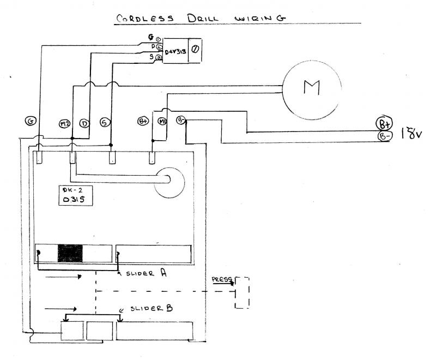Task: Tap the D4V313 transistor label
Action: pyautogui.click(x=175, y=52)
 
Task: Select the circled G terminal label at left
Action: pyautogui.click(x=30, y=122)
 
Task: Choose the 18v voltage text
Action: pyautogui.click(x=410, y=133)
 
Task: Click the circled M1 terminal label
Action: pyautogui.click(x=162, y=121)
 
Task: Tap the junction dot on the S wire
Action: pyautogui.click(x=111, y=145)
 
